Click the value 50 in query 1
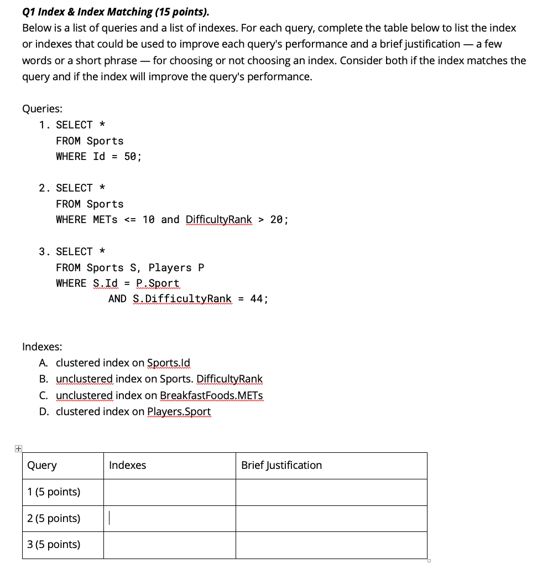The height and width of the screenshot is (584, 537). point(131,157)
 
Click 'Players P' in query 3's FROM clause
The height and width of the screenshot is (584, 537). point(176,268)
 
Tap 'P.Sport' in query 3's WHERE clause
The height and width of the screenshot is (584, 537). point(158,283)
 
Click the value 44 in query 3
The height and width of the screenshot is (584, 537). point(257,299)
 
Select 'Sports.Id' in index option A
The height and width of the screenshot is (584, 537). point(169,363)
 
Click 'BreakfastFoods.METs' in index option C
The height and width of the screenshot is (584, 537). point(211,396)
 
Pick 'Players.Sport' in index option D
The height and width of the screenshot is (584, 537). point(179,412)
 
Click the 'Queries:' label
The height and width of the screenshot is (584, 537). point(42,109)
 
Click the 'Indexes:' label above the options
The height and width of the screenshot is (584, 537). point(42,347)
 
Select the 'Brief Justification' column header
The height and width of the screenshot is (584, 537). point(281,466)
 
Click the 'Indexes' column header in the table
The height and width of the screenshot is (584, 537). point(128,466)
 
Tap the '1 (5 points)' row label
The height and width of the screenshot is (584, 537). point(54,492)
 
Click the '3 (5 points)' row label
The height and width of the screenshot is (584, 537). point(54,545)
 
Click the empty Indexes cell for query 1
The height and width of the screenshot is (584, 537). point(169,492)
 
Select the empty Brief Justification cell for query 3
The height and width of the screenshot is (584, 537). point(331,545)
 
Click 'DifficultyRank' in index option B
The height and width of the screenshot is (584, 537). point(230,379)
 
